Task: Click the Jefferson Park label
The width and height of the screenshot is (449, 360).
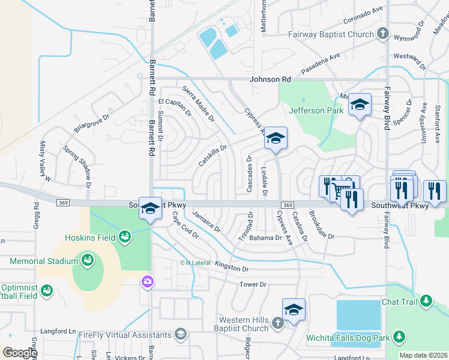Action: point(316,110)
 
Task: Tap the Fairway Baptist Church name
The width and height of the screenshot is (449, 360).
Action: point(331,34)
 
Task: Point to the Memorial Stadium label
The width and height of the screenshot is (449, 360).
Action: point(44,261)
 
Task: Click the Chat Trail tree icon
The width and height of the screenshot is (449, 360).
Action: point(426,300)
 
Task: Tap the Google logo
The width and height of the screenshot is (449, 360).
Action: point(20,352)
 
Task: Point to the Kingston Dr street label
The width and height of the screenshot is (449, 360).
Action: point(231,268)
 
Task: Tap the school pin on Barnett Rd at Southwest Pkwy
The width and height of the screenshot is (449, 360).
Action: point(150,208)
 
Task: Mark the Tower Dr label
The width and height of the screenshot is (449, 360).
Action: point(252,284)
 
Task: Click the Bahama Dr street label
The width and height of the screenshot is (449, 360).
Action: point(265,238)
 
